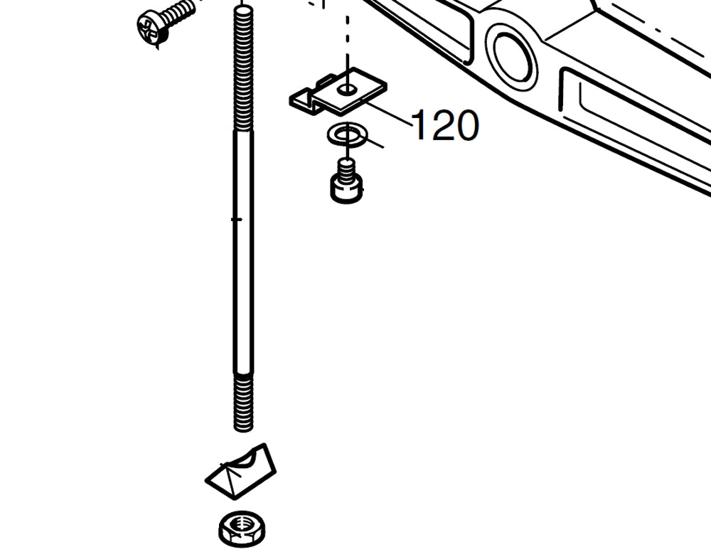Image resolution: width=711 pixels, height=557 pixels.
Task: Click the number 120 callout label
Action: click(x=444, y=125)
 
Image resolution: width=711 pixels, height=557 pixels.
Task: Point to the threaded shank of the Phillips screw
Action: click(x=179, y=12)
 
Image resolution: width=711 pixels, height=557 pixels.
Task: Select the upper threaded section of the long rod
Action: click(x=243, y=71)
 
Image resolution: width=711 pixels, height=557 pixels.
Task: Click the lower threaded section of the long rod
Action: click(x=243, y=402)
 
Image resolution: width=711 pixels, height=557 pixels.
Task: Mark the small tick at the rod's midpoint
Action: click(x=237, y=219)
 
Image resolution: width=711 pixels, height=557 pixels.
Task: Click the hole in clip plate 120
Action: click(x=347, y=89)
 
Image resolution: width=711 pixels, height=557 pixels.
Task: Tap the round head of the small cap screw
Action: click(x=346, y=190)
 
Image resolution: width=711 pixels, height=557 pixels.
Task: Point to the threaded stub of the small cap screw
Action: click(x=346, y=169)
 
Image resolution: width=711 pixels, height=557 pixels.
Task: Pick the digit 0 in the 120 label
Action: click(x=464, y=125)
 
